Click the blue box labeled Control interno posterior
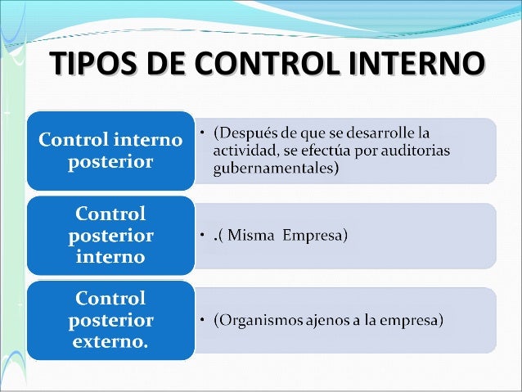110,150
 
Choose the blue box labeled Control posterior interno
110,236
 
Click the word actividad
244,151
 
